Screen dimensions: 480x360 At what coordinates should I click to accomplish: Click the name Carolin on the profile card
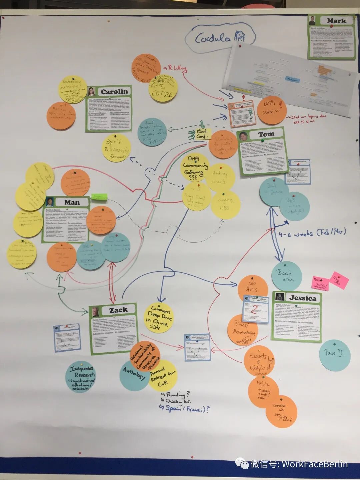click(114, 92)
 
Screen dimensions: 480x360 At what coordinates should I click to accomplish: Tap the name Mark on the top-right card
click(336, 21)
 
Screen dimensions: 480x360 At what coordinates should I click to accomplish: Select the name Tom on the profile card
click(266, 134)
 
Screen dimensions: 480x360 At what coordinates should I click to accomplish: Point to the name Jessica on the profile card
click(302, 298)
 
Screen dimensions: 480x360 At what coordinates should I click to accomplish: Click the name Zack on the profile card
click(118, 310)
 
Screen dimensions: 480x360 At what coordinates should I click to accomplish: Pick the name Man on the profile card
click(72, 202)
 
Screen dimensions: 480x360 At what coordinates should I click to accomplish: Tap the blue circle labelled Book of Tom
click(287, 276)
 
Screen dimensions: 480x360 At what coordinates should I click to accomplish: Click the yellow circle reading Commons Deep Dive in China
click(159, 317)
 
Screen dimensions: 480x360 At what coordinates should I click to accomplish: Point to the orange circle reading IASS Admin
click(272, 110)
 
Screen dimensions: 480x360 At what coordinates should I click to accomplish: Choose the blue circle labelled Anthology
click(134, 374)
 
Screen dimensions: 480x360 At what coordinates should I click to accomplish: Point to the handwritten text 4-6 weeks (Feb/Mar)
click(312, 232)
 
